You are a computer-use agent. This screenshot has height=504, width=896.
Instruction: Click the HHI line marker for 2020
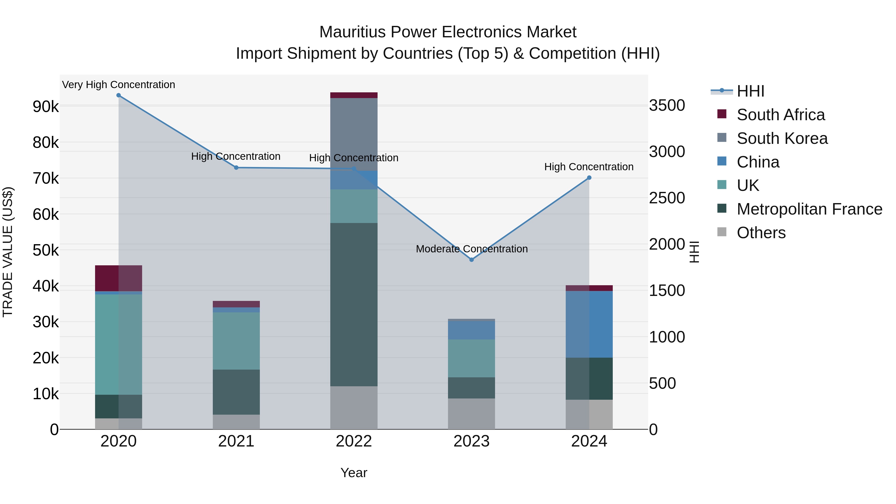119,95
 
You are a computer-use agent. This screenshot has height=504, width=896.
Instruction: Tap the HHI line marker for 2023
472,260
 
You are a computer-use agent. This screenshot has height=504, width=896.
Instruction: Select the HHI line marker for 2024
589,178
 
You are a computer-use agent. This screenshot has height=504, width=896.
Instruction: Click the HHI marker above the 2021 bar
236,168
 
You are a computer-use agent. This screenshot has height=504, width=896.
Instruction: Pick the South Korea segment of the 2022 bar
354,134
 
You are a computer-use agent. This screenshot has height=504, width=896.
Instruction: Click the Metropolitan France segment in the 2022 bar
354,304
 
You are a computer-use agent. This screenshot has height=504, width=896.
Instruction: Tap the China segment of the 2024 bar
589,324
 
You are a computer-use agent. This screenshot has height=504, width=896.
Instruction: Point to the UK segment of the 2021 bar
236,341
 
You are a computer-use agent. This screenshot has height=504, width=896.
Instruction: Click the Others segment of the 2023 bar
472,414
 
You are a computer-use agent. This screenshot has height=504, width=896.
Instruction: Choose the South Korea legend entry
782,138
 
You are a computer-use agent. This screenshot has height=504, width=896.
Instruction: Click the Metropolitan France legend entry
809,209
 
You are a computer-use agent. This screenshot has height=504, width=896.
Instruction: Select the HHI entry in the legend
750,91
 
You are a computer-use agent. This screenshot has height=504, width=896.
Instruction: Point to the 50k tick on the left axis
46,250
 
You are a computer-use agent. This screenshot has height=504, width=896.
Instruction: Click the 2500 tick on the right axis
667,198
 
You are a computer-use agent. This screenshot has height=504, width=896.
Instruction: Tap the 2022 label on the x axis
354,441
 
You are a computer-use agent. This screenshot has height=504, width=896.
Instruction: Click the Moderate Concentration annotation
472,249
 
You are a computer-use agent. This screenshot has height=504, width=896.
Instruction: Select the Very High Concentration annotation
119,85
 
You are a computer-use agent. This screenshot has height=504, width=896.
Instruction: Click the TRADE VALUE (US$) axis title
8,252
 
